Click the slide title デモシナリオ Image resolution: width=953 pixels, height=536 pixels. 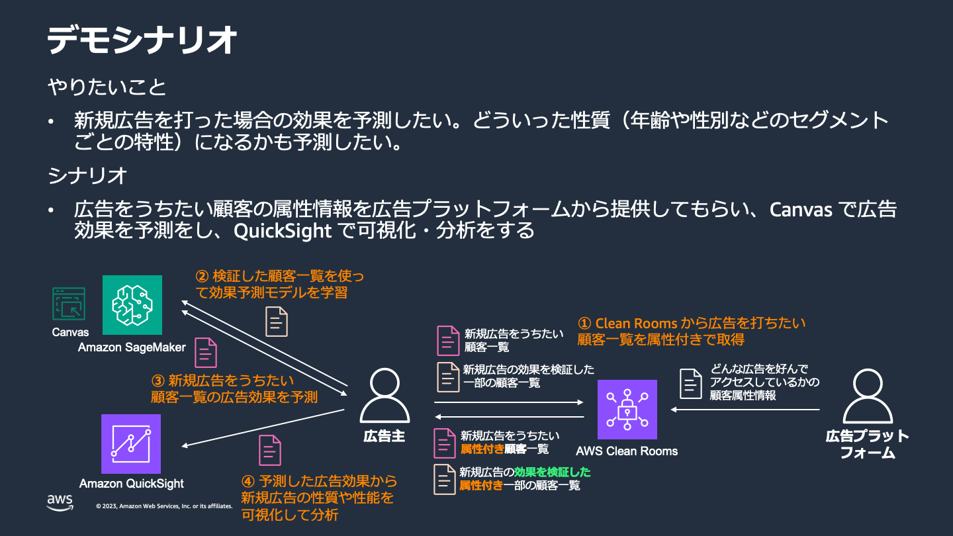(x=142, y=41)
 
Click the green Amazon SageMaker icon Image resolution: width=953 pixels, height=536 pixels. (x=132, y=305)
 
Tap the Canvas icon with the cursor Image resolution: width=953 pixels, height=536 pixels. (x=69, y=304)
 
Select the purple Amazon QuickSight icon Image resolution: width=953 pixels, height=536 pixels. (x=131, y=443)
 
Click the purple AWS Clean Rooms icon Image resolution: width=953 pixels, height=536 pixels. (x=627, y=410)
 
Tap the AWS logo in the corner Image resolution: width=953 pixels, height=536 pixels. (x=60, y=503)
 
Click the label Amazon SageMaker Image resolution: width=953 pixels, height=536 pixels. (x=132, y=347)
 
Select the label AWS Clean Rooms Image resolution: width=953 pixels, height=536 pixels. (x=627, y=451)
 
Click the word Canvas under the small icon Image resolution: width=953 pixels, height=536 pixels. (x=70, y=332)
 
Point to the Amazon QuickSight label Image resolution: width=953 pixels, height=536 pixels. (x=131, y=484)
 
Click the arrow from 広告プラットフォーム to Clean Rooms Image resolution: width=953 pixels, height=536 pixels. (x=745, y=410)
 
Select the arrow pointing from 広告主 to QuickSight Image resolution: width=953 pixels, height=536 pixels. (x=261, y=428)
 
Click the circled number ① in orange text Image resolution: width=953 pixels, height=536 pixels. (x=584, y=324)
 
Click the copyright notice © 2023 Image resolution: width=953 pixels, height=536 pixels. (x=164, y=506)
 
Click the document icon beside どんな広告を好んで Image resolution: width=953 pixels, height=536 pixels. (x=691, y=384)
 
